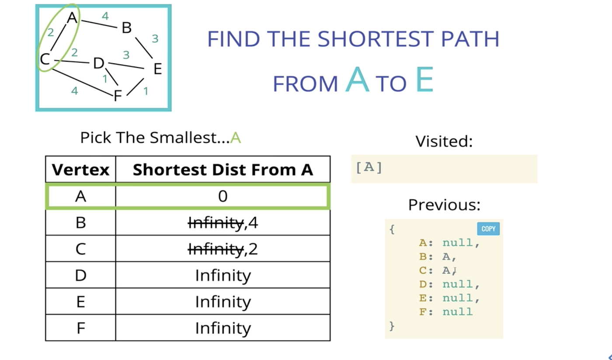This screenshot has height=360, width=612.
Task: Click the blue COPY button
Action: point(488,229)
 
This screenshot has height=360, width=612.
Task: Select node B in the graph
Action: point(126,28)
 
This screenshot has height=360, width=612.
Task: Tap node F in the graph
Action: point(117,95)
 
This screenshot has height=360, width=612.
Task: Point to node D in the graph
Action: point(98,64)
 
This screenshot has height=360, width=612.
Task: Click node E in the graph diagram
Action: point(157,69)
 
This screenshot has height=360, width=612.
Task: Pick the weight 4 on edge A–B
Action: point(105,16)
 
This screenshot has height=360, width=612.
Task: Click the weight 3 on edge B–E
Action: point(155,38)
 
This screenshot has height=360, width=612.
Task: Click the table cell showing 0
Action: point(223,196)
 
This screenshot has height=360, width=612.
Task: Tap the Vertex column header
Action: point(80,169)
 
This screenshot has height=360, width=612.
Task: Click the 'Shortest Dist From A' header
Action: point(223,169)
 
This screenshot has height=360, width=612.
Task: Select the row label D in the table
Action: point(80,276)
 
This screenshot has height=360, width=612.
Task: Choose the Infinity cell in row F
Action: point(223,328)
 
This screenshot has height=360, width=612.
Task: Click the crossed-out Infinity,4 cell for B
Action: point(223,223)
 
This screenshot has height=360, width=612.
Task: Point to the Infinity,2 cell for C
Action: point(223,249)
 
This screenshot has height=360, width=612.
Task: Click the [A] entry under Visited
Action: point(369,168)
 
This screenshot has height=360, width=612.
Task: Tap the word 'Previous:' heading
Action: point(444,205)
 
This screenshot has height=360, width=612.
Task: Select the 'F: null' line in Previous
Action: point(445,311)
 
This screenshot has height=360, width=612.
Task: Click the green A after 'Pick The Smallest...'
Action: point(236,138)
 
